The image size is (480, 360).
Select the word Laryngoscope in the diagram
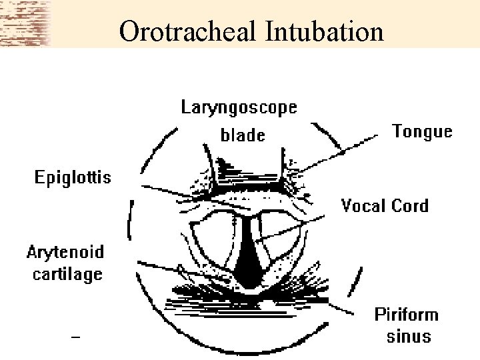coord(239,107)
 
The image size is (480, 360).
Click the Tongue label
coord(422,131)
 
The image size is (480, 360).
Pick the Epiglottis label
coord(73,178)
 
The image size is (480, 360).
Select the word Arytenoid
coord(65,253)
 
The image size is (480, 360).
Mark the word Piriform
coord(406,314)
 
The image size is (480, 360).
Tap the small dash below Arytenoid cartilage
coord(75,338)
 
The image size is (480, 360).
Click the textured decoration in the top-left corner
coord(25,23)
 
